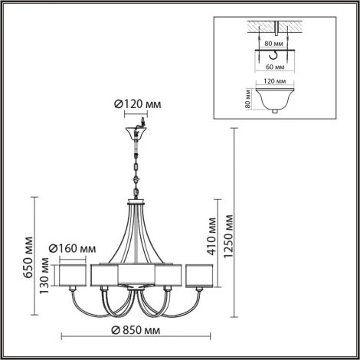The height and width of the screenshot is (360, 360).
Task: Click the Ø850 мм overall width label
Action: (x=136, y=330)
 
